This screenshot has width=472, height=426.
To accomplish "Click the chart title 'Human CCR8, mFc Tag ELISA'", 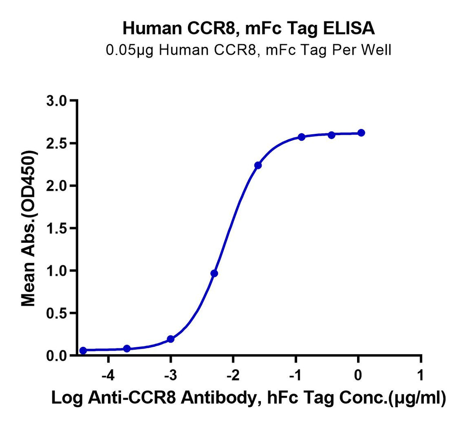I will tap(249, 28).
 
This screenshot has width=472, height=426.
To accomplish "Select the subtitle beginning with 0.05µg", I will tap(249, 50).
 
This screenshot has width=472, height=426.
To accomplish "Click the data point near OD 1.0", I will tap(214, 273).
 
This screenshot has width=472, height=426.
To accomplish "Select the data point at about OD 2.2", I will tap(258, 165).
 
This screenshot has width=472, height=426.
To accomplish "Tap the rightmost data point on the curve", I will tap(361, 133).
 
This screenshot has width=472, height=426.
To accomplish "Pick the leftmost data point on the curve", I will tap(83, 350).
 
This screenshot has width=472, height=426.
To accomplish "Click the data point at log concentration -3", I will tap(171, 339).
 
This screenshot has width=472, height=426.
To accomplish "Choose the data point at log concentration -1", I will tap(302, 137).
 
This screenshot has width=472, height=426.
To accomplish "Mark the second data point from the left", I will tap(127, 349).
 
